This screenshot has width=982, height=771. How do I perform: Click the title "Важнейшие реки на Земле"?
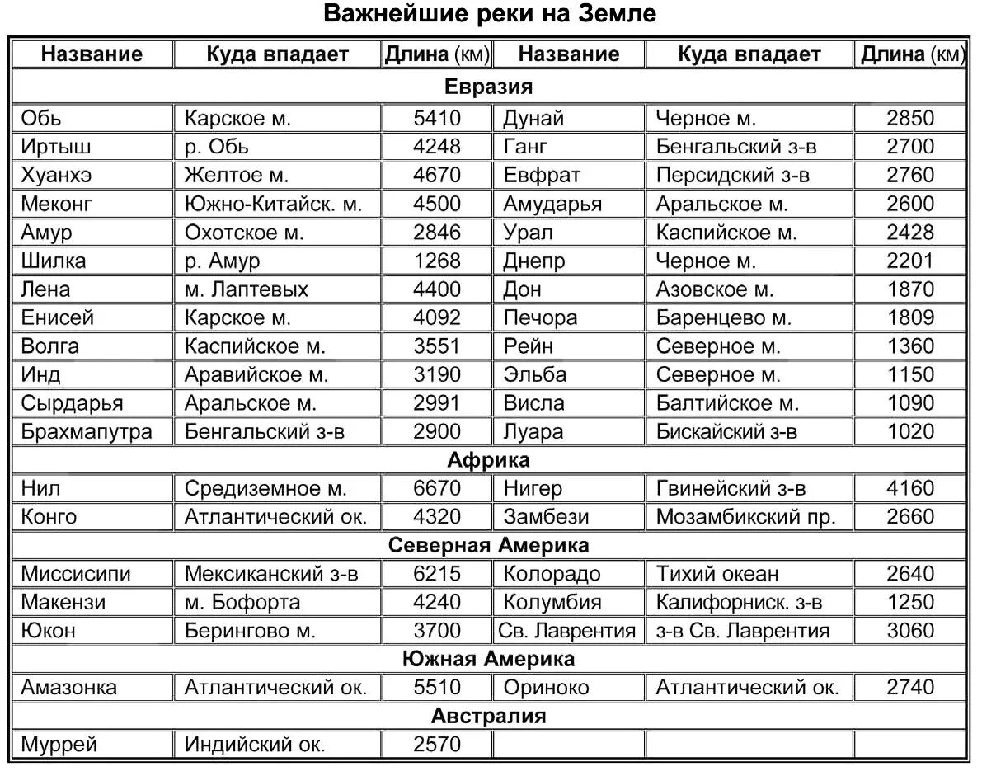click(490, 14)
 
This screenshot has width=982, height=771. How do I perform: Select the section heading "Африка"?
click(488, 460)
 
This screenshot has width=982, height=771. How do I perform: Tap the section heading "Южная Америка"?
click(488, 659)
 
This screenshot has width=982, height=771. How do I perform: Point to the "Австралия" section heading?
click(488, 716)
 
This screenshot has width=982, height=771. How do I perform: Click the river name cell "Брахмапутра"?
click(87, 431)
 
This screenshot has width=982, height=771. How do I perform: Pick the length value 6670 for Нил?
click(437, 488)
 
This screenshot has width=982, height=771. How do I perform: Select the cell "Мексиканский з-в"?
click(271, 574)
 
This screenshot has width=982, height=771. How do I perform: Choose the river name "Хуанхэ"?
click(57, 175)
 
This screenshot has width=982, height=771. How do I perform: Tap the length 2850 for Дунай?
click(910, 118)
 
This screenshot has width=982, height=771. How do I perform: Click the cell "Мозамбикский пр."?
click(745, 517)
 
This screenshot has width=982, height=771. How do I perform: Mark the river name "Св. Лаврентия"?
click(567, 631)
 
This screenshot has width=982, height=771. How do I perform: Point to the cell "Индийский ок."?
click(255, 745)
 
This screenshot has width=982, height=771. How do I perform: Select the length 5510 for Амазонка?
click(437, 687)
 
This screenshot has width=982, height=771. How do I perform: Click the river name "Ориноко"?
click(546, 687)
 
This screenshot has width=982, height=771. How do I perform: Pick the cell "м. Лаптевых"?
click(246, 289)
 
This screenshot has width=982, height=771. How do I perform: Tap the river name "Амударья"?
click(552, 204)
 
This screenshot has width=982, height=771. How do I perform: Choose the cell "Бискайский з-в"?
click(726, 431)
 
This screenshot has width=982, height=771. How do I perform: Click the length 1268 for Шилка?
click(437, 261)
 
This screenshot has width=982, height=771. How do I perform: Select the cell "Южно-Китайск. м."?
click(273, 204)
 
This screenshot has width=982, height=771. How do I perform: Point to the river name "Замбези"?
click(546, 517)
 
